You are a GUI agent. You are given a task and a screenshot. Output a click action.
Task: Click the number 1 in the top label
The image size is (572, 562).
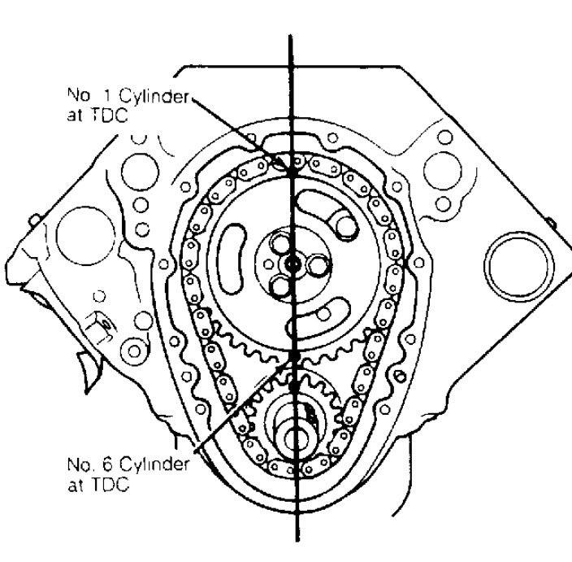pyautogui.click(x=107, y=96)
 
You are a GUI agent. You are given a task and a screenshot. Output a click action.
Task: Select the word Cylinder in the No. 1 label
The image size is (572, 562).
pyautogui.click(x=154, y=98)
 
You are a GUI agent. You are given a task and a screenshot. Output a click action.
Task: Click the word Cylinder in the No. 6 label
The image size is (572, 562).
pyautogui.click(x=154, y=465)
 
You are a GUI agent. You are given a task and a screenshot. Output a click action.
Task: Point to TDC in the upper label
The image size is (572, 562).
pyautogui.click(x=108, y=116)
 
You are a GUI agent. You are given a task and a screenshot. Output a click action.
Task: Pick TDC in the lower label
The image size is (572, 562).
pyautogui.click(x=109, y=485)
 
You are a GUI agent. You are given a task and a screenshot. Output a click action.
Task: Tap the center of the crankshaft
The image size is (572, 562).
pyautogui.click(x=294, y=438)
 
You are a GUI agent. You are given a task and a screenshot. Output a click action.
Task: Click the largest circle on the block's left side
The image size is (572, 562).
pyautogui.click(x=86, y=236)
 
